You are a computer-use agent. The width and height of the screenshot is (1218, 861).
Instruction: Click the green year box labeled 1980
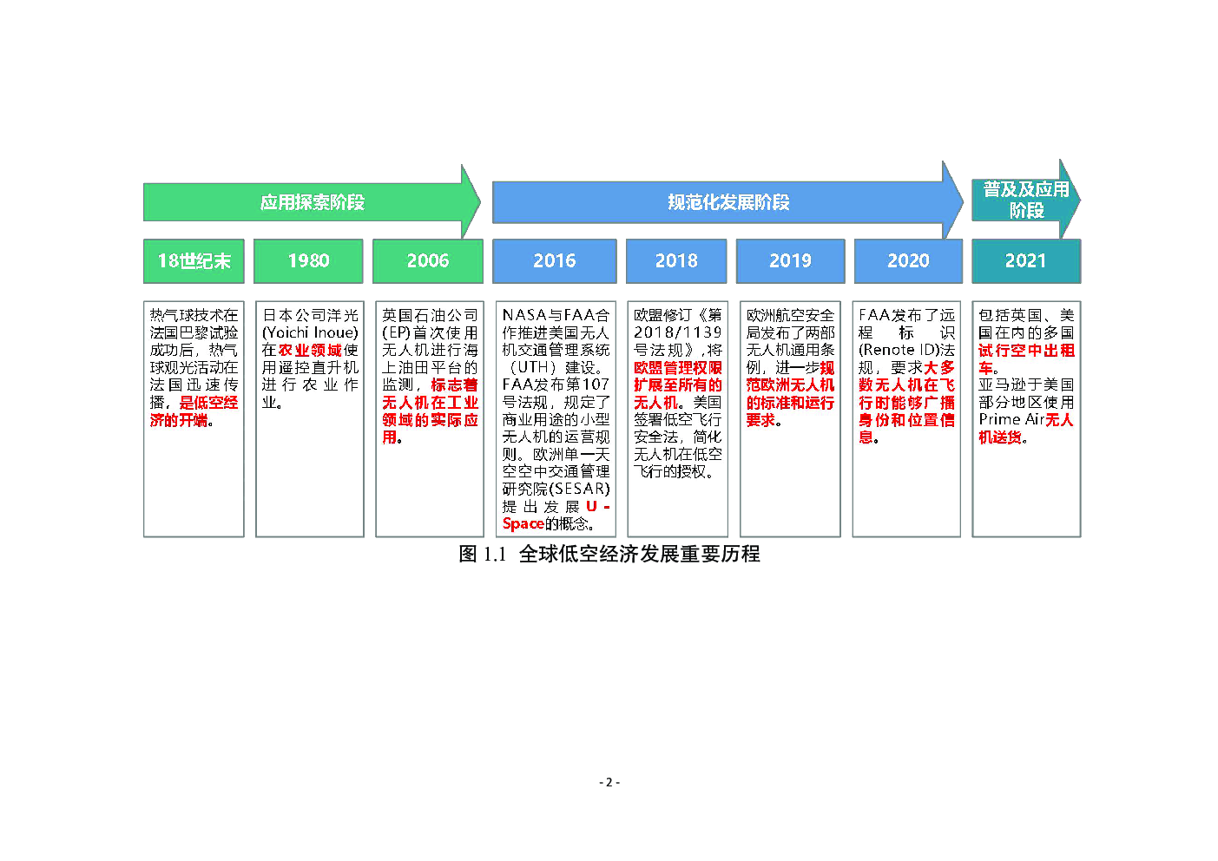click(x=308, y=261)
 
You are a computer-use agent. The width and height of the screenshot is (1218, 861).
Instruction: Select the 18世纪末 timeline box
click(x=194, y=261)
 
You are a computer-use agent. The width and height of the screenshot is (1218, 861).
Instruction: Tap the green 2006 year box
click(x=428, y=261)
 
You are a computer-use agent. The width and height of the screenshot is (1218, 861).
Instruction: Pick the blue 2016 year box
click(x=555, y=261)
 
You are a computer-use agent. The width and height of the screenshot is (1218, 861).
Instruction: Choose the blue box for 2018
click(x=676, y=261)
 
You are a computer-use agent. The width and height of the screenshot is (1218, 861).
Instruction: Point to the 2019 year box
click(x=791, y=261)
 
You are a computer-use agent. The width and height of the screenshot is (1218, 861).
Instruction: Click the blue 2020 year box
click(x=909, y=261)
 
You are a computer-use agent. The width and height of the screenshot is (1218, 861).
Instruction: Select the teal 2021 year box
click(x=1027, y=261)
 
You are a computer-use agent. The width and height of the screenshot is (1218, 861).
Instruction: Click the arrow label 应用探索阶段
click(x=313, y=202)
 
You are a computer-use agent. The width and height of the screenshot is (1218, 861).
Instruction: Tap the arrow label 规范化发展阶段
click(x=728, y=202)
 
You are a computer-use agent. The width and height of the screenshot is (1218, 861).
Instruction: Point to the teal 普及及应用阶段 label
click(x=1026, y=200)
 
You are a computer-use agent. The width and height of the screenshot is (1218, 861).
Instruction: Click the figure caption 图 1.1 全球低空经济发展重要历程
click(x=609, y=554)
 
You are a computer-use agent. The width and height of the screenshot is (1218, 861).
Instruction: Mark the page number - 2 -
click(x=609, y=782)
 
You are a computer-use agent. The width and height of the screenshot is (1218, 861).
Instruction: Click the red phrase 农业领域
click(x=310, y=350)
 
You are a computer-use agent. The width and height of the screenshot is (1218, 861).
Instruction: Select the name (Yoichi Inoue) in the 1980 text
click(x=310, y=332)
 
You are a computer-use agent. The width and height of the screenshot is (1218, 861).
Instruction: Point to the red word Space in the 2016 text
click(x=523, y=524)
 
